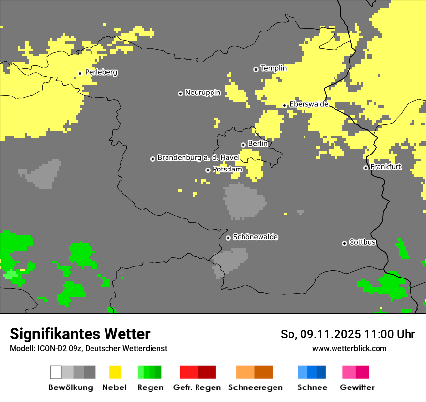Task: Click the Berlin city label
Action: (x=258, y=144)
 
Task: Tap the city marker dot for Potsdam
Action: (x=208, y=170)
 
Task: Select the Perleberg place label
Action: (x=101, y=72)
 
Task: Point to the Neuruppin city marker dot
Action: (x=180, y=93)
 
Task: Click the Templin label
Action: (x=274, y=68)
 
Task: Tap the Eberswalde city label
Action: (x=309, y=104)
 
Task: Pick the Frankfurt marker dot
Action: (x=365, y=168)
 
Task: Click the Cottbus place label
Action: (x=362, y=242)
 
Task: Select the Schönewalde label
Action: (x=255, y=237)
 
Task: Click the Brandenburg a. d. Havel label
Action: (x=198, y=158)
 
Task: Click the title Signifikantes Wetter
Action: (x=80, y=334)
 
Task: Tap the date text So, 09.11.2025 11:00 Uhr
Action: (x=348, y=334)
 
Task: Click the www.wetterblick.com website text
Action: (x=349, y=348)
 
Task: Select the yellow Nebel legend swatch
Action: (x=115, y=372)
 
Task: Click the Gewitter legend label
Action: (x=357, y=387)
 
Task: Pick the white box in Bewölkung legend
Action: (x=56, y=372)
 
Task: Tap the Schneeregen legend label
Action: (x=255, y=387)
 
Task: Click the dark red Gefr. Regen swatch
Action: (x=207, y=372)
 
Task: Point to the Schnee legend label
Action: (x=312, y=387)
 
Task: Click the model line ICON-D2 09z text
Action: (x=88, y=348)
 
